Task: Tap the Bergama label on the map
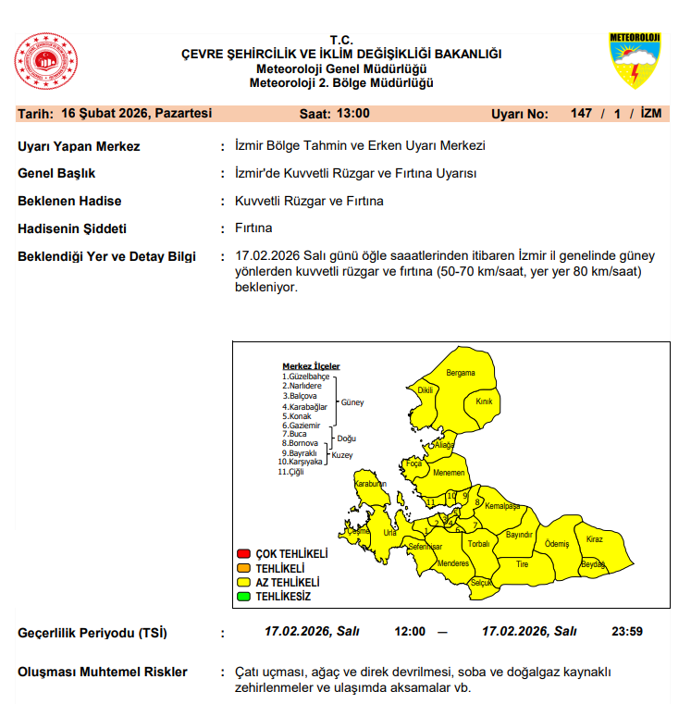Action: pyautogui.click(x=461, y=373)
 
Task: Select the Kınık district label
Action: pyautogui.click(x=484, y=401)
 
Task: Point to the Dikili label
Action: pyautogui.click(x=426, y=390)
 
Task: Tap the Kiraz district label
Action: pyautogui.click(x=594, y=538)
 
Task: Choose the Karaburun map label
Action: pyautogui.click(x=370, y=484)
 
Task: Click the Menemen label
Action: pyautogui.click(x=449, y=473)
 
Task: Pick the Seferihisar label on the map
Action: pyautogui.click(x=426, y=547)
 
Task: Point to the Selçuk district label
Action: pyautogui.click(x=482, y=582)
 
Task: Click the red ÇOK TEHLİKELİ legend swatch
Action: pyautogui.click(x=244, y=553)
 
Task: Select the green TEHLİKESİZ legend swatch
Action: pyautogui.click(x=244, y=597)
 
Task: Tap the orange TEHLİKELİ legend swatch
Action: pyautogui.click(x=244, y=568)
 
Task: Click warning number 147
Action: pyautogui.click(x=581, y=114)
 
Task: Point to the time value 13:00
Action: pyautogui.click(x=354, y=114)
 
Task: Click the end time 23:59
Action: pyautogui.click(x=626, y=631)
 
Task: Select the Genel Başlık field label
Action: pyautogui.click(x=56, y=174)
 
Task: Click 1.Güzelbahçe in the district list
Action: pyautogui.click(x=307, y=377)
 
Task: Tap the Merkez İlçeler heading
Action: pyautogui.click(x=311, y=366)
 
